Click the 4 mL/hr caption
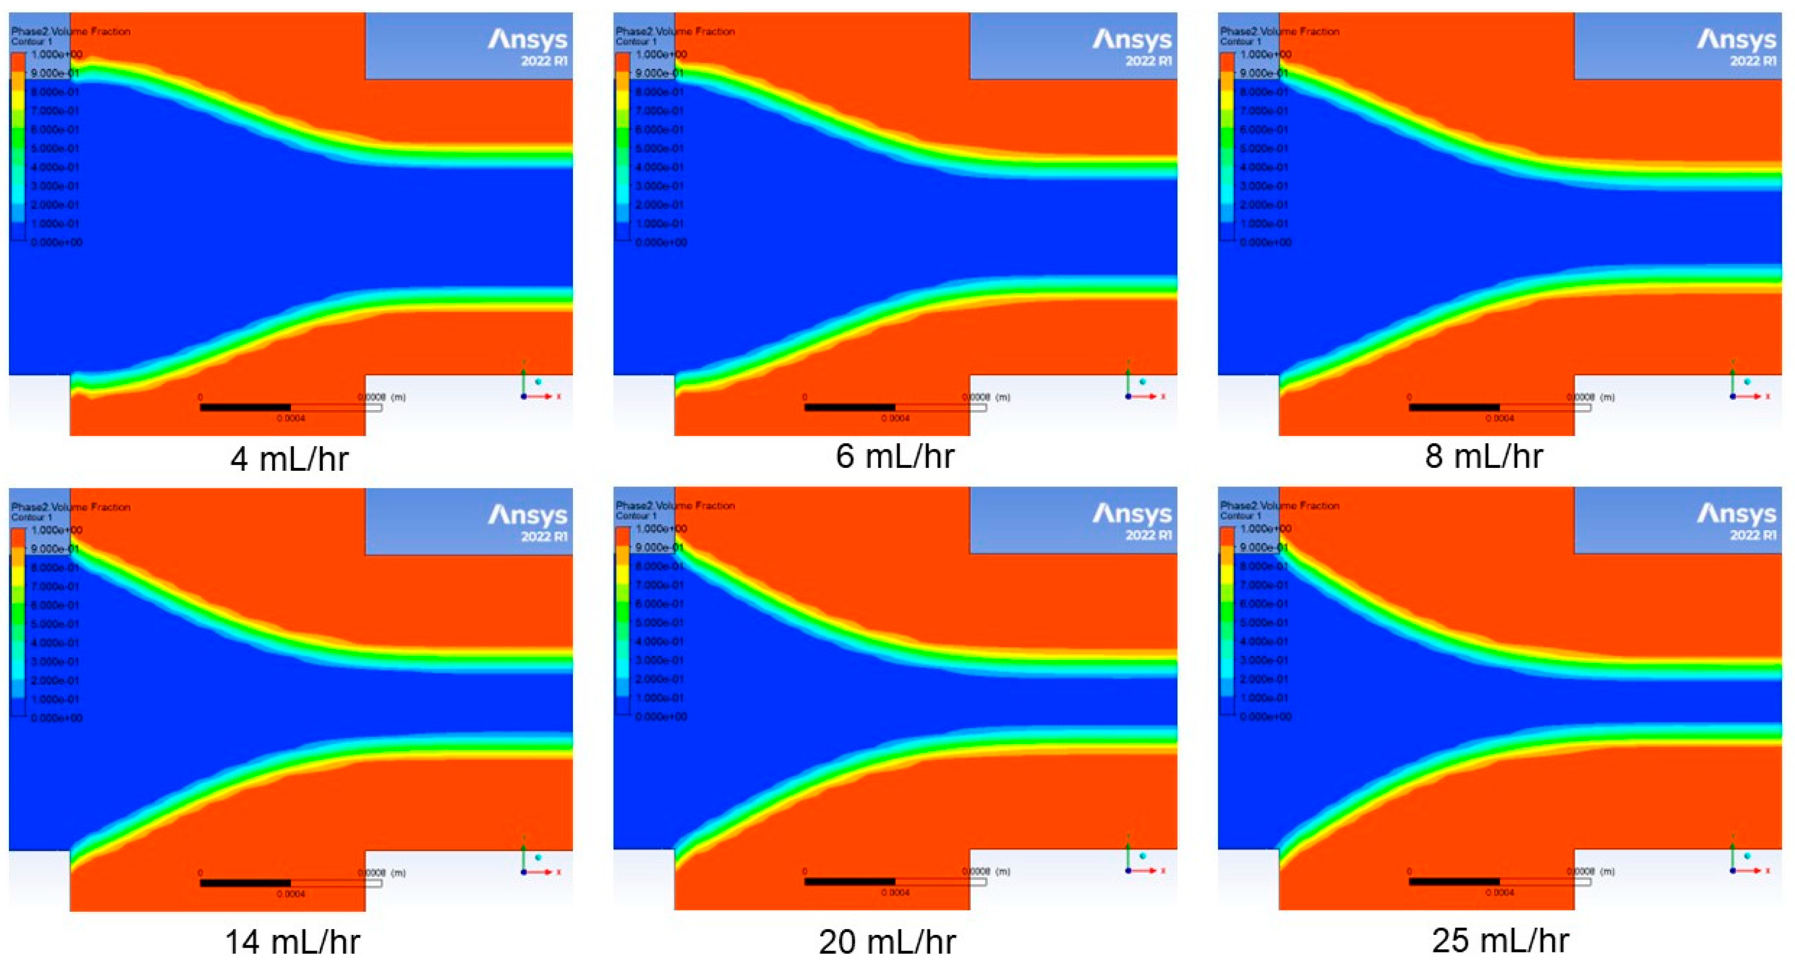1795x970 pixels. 289,458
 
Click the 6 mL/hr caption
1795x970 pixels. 894,457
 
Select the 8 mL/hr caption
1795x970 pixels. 1484,457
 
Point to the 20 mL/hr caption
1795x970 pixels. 887,942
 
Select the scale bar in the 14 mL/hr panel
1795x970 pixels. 290,883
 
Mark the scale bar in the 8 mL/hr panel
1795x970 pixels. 1499,407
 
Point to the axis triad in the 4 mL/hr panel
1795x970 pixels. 533,389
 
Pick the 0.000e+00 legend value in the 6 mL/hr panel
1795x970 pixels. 661,242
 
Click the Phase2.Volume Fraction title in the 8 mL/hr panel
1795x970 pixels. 1280,31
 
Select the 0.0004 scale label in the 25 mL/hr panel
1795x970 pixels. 1499,893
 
